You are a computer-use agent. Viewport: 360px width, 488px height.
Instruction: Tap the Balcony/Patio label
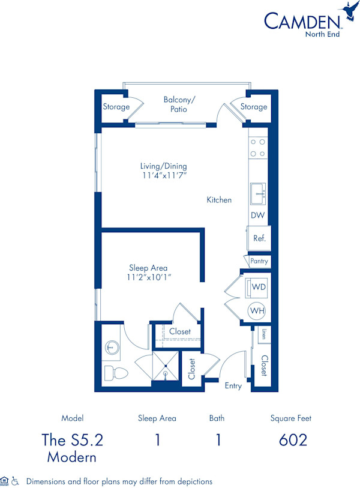click(x=175, y=104)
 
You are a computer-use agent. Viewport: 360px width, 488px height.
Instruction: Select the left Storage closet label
click(x=116, y=107)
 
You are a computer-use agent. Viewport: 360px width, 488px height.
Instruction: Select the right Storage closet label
click(x=254, y=107)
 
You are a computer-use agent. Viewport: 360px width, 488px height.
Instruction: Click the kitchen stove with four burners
click(x=258, y=148)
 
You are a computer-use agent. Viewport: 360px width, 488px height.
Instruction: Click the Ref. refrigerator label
click(x=259, y=238)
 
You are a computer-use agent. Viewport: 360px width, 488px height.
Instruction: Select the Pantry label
click(x=259, y=261)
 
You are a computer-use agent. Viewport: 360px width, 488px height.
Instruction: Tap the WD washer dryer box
click(x=258, y=288)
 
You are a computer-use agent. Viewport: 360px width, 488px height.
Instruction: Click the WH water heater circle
click(x=257, y=311)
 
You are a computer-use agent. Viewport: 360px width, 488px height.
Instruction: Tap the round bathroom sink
click(x=111, y=346)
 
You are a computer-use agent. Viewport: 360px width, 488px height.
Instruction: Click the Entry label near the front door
click(x=233, y=385)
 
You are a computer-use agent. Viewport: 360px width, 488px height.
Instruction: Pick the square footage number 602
click(x=293, y=439)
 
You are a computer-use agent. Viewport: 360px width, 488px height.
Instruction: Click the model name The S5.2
click(x=72, y=439)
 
